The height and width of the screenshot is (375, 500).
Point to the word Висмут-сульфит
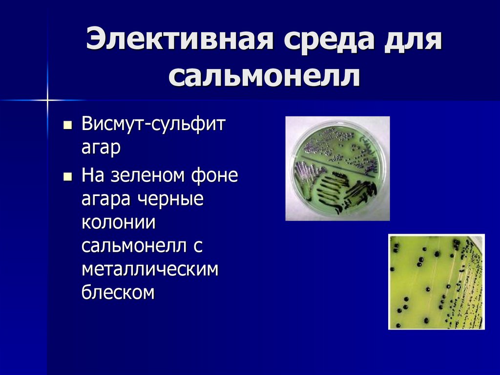point(153,124)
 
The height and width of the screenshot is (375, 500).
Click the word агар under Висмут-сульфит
point(101,148)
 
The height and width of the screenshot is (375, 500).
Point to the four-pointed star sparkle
point(48,101)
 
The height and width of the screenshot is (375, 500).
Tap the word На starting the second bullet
point(92,175)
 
